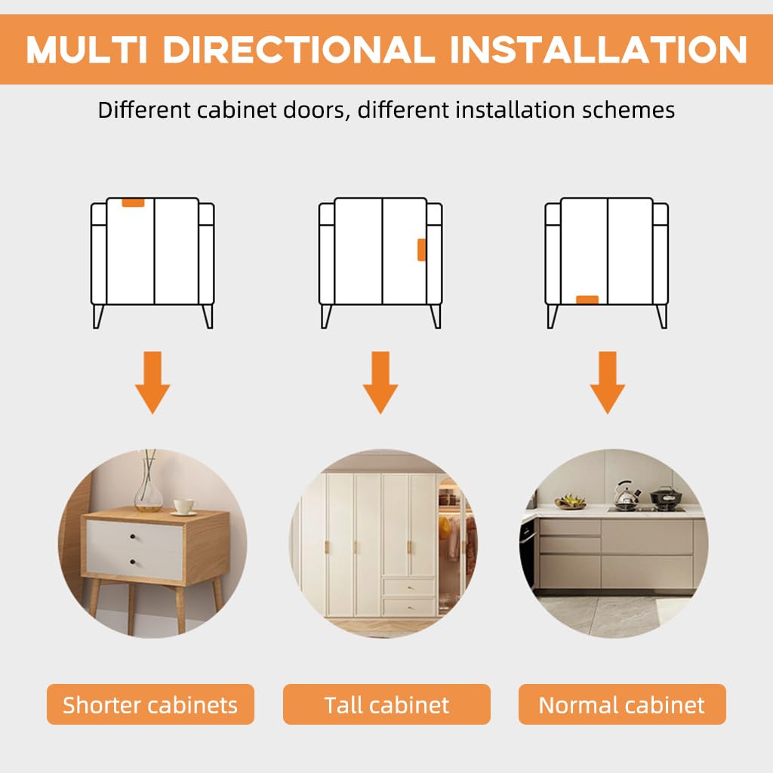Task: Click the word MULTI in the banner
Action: [x=87, y=49]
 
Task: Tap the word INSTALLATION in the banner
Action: [x=599, y=49]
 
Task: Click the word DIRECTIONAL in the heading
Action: [x=299, y=49]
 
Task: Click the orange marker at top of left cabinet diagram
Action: [x=133, y=202]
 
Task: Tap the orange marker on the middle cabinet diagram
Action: [x=421, y=249]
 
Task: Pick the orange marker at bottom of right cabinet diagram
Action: [x=587, y=300]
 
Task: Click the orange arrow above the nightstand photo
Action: [x=152, y=382]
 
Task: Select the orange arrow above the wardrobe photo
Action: [x=380, y=382]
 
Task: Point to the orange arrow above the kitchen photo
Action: [x=608, y=382]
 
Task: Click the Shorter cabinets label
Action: [x=150, y=704]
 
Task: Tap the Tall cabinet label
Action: [x=386, y=704]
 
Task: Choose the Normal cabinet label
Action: [x=622, y=704]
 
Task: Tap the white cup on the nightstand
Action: [x=184, y=507]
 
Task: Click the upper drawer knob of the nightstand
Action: [x=132, y=537]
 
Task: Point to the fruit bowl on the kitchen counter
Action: [x=571, y=502]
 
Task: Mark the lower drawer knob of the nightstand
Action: [x=132, y=562]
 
